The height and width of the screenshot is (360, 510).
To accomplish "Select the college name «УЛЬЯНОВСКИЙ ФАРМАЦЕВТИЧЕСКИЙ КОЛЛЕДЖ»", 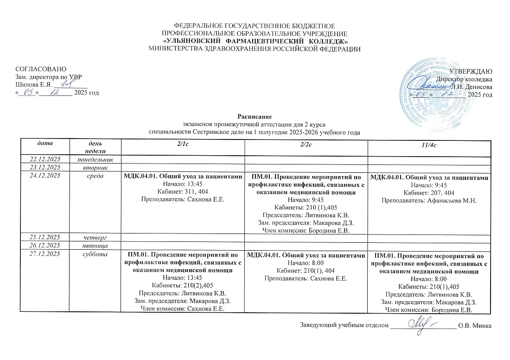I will (254, 41).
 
